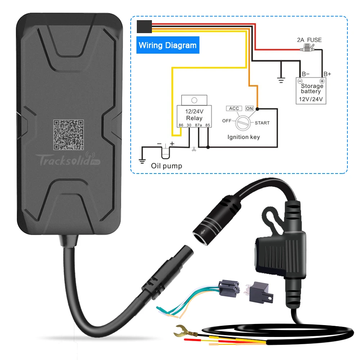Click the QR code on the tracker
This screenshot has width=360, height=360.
pos(68,135)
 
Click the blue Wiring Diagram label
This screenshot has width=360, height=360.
pos(168,45)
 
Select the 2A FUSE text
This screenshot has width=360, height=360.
pos(309,40)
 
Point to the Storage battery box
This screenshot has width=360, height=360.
pos(311,91)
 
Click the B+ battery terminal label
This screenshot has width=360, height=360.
pos(327,74)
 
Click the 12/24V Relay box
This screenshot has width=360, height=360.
pos(194,115)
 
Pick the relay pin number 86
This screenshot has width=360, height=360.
pos(181,125)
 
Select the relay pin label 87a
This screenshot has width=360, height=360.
pos(198,125)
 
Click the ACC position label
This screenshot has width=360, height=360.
pos(234,108)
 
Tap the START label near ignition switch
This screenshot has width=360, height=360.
pos(262,123)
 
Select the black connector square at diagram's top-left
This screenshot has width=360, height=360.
pos(144,26)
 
